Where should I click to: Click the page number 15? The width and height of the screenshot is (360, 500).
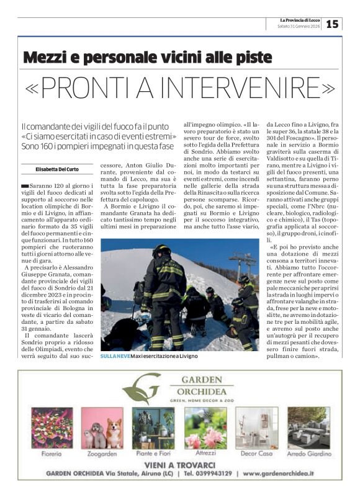332,24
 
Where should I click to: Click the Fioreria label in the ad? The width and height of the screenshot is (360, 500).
52,453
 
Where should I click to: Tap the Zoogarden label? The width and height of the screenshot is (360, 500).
101,453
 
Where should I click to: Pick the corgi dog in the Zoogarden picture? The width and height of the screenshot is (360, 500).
114,433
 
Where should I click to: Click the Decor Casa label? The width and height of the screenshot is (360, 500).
256,453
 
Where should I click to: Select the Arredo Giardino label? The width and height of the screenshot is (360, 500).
308,453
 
